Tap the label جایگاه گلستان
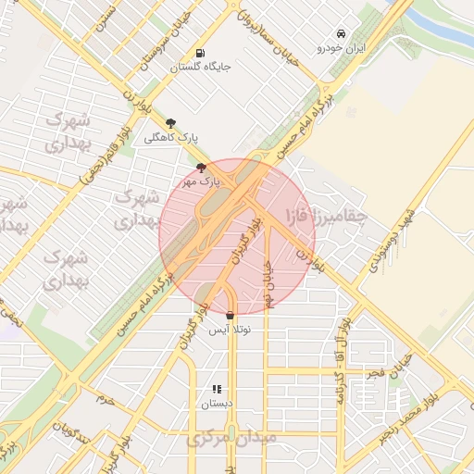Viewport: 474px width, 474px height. pos(200,68)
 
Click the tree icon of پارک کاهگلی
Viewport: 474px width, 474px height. pos(170,122)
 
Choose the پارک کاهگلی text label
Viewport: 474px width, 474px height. pos(171,137)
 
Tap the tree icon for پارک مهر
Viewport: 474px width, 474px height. pos(202,168)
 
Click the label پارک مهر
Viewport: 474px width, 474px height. pos(203,182)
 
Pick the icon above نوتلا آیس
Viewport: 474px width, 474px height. pos(230,315)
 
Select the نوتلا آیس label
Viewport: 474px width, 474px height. pos(230,330)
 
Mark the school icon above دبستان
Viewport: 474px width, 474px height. pos(217,390)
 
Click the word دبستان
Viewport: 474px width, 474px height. pos(217,405)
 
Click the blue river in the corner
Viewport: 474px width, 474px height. pos(444,28)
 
